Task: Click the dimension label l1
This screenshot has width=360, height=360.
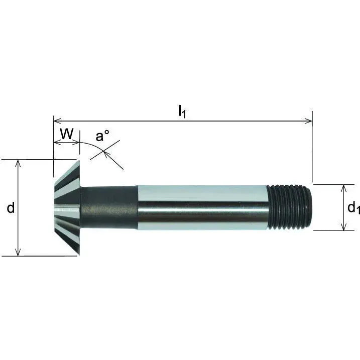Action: [182, 112]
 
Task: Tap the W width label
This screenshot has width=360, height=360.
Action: [67, 134]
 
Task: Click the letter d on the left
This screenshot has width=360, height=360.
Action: [11, 208]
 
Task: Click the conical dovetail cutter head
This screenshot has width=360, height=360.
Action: [66, 207]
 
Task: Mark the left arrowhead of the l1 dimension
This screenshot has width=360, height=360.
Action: [56, 121]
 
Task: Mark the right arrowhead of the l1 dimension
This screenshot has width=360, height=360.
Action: [309, 121]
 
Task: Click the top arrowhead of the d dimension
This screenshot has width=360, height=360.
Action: [18, 163]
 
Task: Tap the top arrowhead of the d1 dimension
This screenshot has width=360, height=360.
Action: [343, 187]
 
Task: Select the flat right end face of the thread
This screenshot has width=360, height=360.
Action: [312, 207]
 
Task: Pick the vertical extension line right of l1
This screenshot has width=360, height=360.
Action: [312, 151]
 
